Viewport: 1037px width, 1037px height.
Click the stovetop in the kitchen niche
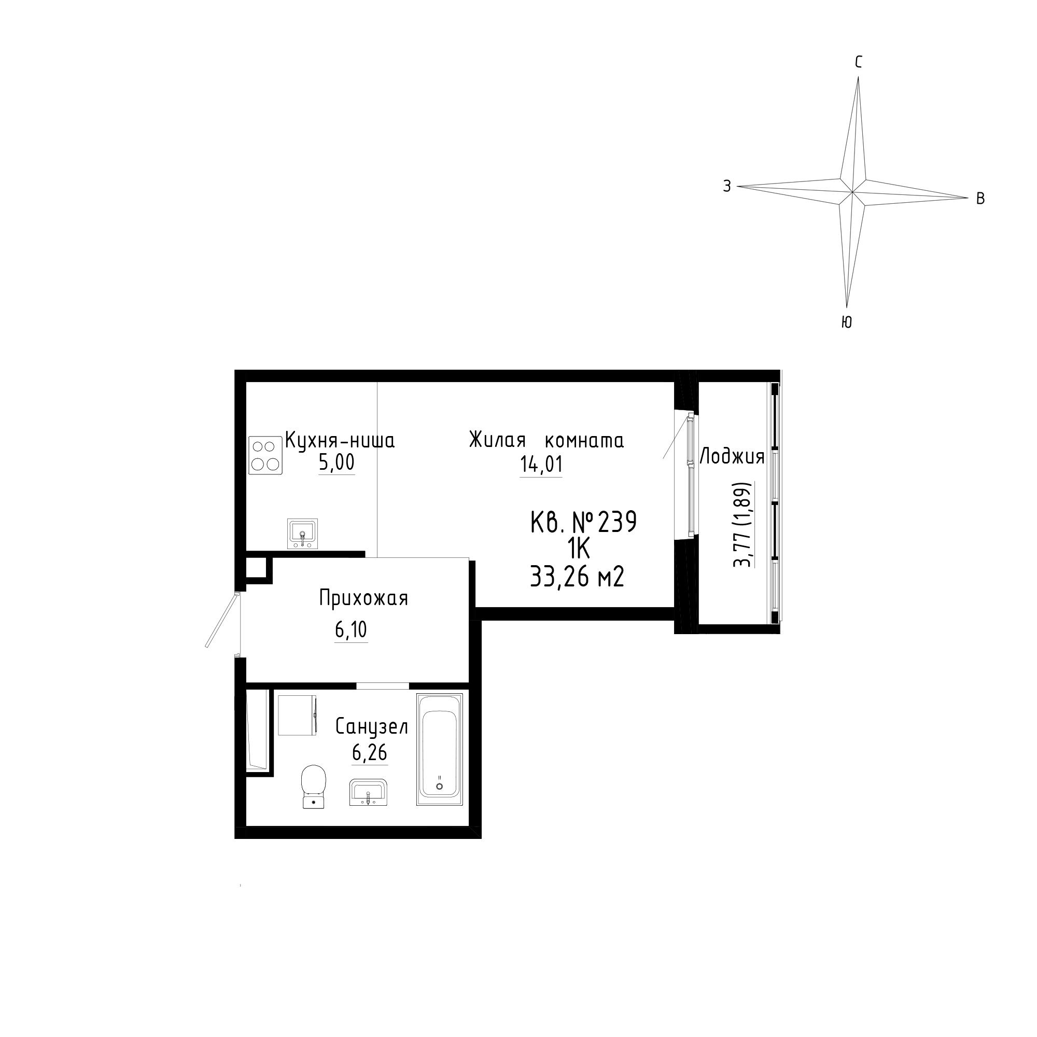coord(265,455)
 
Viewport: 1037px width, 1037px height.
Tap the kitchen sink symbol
coord(303,534)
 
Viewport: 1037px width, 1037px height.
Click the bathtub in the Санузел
coord(440,749)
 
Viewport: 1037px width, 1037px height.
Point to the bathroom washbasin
coord(368,792)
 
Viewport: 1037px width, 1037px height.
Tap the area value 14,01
coord(541,464)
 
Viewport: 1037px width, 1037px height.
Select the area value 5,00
coord(337,462)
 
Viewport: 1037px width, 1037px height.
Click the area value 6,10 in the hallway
coord(351,630)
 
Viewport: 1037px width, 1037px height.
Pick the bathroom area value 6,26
coord(369,753)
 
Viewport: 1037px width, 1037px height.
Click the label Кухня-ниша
coord(340,440)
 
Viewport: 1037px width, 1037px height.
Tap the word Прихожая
coord(364,598)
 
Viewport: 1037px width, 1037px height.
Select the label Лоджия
coord(732,457)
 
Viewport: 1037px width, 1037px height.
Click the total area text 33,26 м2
coord(577,578)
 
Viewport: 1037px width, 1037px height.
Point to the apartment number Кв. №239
coord(583,522)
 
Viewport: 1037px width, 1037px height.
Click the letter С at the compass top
coord(858,63)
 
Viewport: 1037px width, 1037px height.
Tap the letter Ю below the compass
coord(846,322)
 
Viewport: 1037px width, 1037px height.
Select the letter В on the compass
coord(980,199)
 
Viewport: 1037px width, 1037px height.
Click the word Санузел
coord(372,727)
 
